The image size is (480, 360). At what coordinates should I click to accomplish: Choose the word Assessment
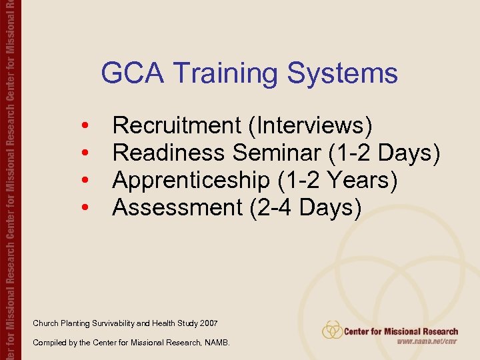(177, 207)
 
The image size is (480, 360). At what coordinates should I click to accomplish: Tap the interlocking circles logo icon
(332, 330)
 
